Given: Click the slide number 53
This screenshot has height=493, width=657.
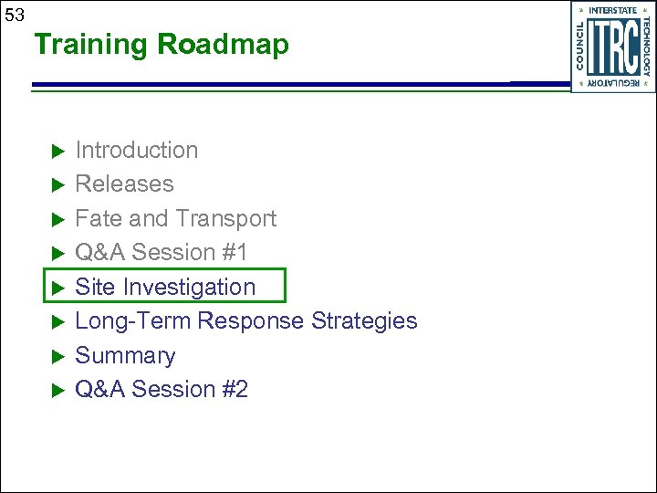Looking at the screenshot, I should [x=15, y=15].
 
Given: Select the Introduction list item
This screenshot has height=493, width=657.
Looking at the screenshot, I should [x=136, y=150].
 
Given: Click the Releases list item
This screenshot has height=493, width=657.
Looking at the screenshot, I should [x=124, y=184].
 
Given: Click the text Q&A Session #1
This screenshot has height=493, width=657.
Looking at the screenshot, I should [x=161, y=253].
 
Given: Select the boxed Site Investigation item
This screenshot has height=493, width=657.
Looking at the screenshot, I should [x=165, y=287].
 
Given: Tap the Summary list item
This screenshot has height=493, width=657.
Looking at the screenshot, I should [x=125, y=356].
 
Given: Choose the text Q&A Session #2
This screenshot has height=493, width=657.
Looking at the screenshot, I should [x=162, y=390].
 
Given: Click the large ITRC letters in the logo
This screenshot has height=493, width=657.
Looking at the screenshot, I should [x=612, y=47].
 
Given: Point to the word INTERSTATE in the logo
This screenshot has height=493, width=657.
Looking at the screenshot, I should [x=613, y=11].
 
